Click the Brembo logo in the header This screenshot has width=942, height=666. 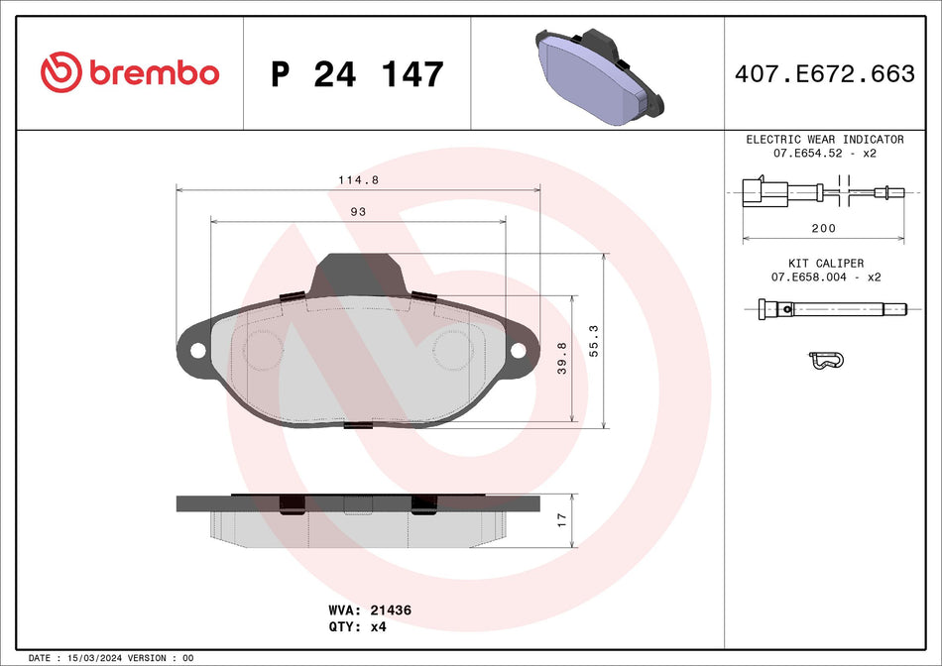[129, 72]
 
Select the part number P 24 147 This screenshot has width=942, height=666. [357, 74]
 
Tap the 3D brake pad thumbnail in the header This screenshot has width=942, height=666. [600, 71]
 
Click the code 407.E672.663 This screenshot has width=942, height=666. [824, 73]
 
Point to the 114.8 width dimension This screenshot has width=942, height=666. [359, 180]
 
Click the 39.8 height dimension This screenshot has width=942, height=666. [563, 359]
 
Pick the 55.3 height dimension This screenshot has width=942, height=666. [594, 341]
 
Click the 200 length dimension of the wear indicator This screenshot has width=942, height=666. [823, 228]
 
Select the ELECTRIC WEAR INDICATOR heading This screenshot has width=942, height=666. [824, 140]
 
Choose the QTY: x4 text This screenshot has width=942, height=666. [356, 627]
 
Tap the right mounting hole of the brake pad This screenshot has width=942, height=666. [519, 350]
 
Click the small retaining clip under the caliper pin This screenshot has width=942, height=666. [825, 362]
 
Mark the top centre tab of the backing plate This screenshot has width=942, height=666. [358, 273]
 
